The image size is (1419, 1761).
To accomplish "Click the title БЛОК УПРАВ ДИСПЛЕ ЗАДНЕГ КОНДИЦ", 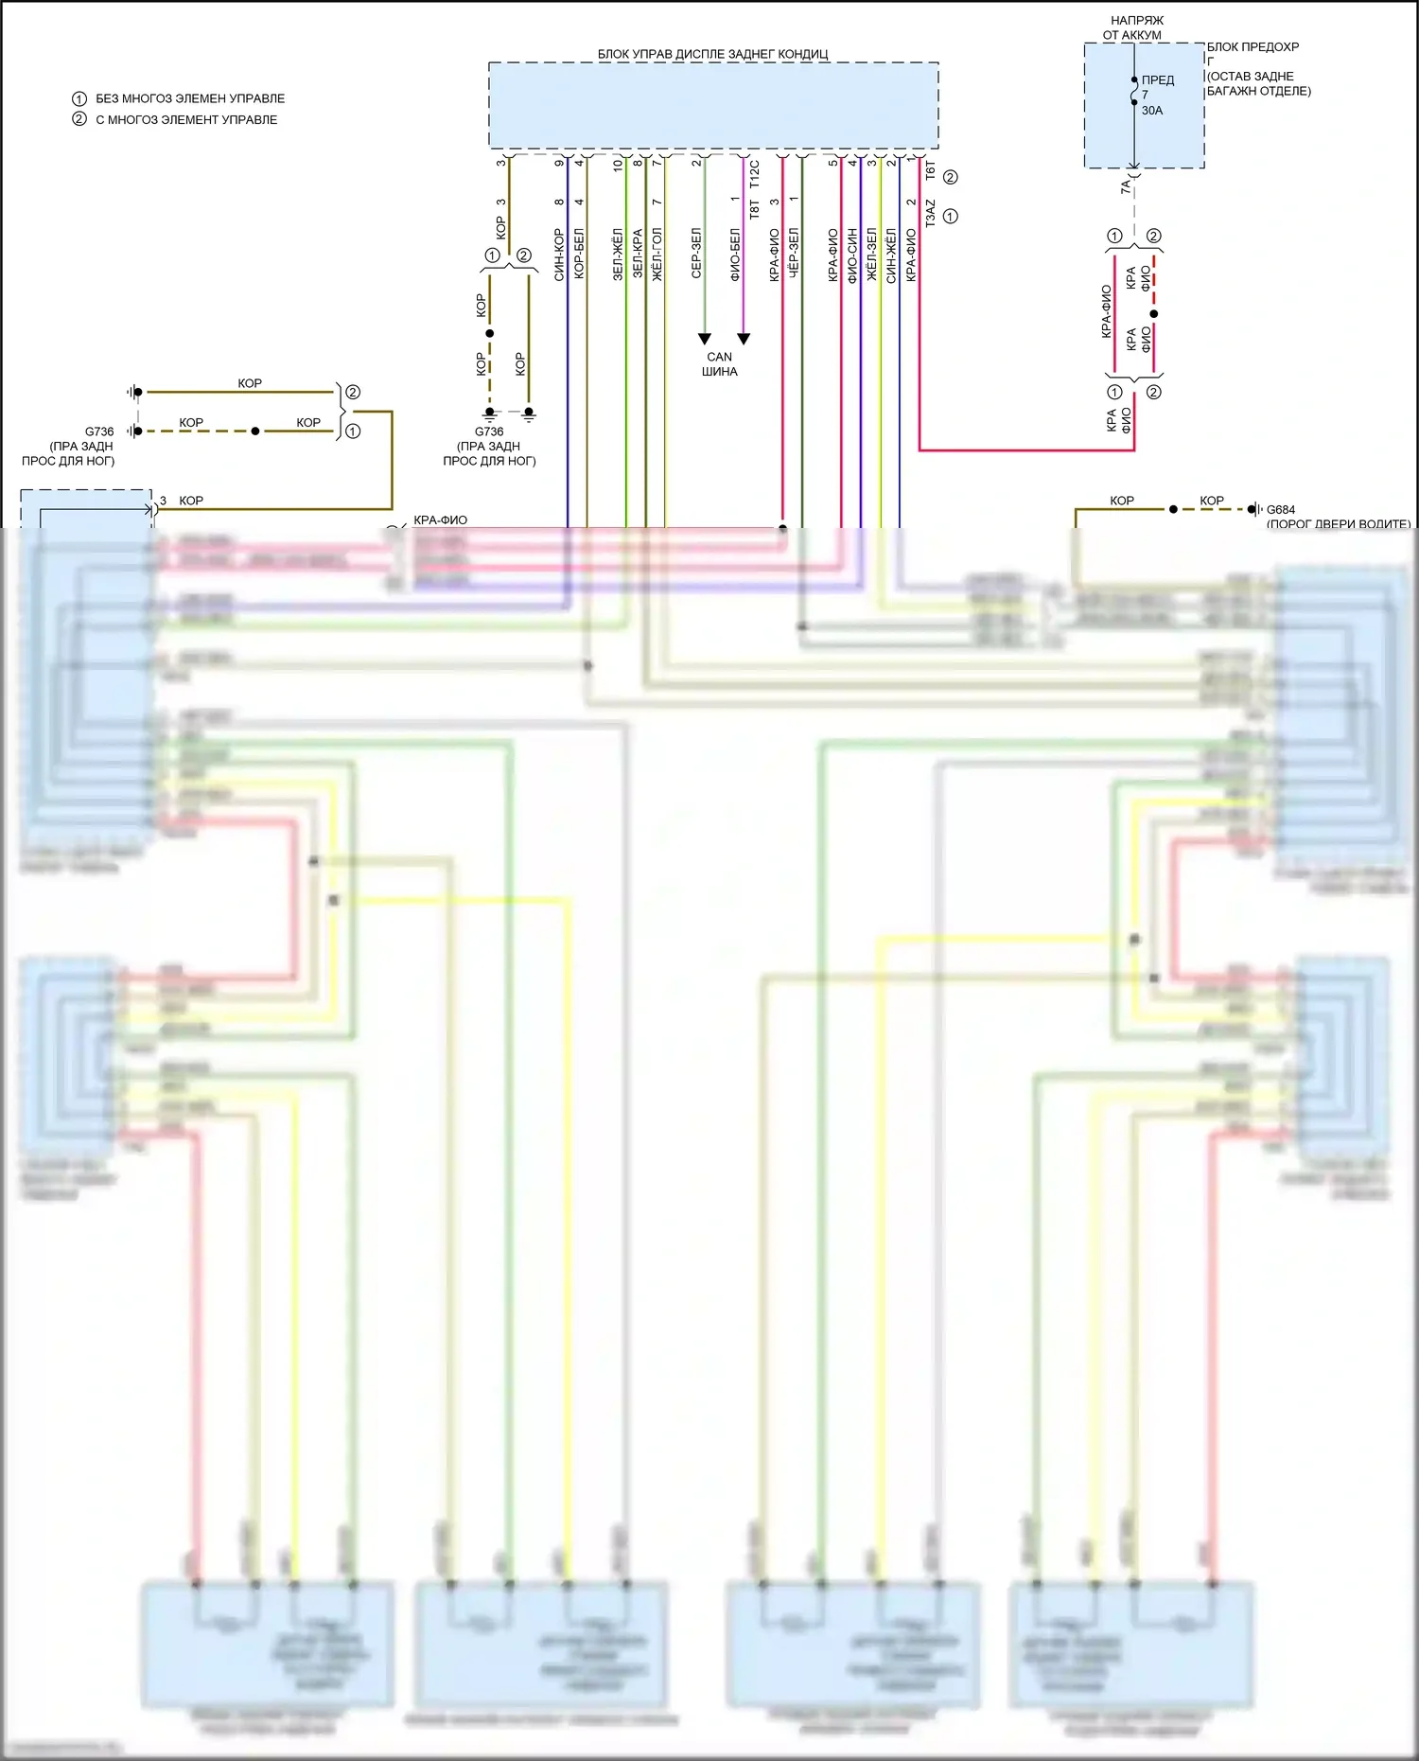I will click(712, 54).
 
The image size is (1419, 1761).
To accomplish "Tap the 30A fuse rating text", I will click(1151, 111).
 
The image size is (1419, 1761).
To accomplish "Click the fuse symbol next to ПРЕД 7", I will click(1134, 91).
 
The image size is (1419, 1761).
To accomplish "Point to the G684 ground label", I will click(1281, 510).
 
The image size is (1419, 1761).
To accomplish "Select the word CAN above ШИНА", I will click(719, 357).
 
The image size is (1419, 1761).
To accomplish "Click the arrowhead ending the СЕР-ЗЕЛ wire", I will click(704, 339).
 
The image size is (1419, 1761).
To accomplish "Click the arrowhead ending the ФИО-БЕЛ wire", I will click(744, 339).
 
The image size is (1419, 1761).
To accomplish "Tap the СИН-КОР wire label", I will click(559, 255).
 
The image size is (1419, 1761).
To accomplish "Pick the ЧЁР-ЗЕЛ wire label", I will click(794, 253).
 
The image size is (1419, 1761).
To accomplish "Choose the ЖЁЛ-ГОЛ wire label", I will click(657, 255).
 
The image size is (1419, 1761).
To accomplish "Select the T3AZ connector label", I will click(930, 213).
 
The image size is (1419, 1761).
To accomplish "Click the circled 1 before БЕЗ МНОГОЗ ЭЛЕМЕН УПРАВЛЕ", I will click(79, 98).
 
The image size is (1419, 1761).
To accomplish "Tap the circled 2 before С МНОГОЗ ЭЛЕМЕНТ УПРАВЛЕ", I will click(79, 119).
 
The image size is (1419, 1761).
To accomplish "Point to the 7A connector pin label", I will click(1125, 187).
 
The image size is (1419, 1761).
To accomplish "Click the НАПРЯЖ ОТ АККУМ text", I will click(1136, 27).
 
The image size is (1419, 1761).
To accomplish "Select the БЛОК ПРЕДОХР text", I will click(1253, 47).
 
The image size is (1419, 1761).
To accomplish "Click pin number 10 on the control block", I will click(618, 165).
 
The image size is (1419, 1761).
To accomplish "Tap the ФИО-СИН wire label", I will click(852, 255).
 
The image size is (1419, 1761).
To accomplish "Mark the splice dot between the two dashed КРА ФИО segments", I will click(1153, 313).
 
